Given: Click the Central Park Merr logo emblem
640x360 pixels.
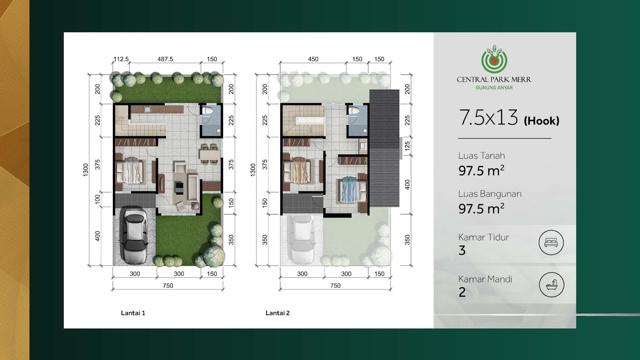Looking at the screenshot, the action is [x=494, y=59].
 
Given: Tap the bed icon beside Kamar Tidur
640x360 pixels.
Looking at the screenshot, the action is [x=551, y=242].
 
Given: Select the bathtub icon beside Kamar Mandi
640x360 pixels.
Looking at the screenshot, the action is [x=552, y=285].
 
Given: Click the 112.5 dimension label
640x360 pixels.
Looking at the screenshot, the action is [x=121, y=59].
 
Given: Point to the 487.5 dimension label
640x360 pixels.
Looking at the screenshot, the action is [x=165, y=59].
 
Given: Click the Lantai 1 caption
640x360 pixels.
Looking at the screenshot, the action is [x=133, y=313].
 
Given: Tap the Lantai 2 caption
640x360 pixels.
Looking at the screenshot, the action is [x=278, y=313].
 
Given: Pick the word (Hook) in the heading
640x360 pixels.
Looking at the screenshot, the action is [x=542, y=121].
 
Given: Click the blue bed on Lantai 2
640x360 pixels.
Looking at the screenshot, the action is [x=348, y=190].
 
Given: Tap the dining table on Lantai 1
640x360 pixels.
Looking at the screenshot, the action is [x=210, y=154].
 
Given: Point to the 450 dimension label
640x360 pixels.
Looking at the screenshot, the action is [x=313, y=59].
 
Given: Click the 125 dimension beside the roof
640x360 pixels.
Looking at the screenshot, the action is [x=408, y=146].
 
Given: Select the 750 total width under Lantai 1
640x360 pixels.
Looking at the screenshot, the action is [x=168, y=286].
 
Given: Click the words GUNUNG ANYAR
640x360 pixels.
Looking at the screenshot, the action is [x=494, y=88].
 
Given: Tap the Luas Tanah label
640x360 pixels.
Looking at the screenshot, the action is [x=482, y=156].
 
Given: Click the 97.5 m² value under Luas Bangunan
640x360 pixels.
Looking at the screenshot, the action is [x=482, y=208].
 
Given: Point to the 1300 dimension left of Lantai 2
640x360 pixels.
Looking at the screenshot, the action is [x=253, y=170].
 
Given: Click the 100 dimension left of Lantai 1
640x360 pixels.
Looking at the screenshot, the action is [x=98, y=199].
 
